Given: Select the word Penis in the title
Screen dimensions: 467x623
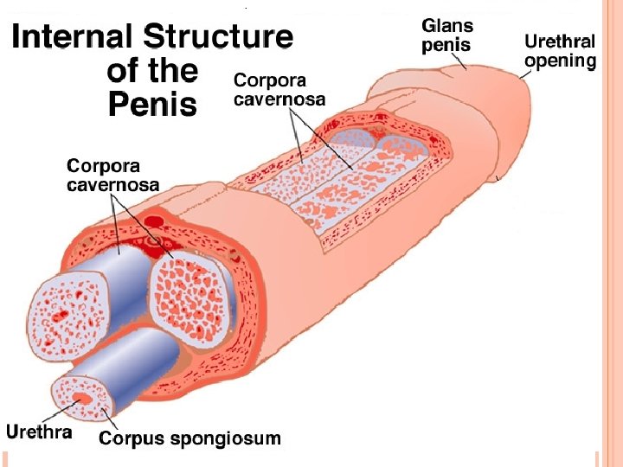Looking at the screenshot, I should click(153, 105).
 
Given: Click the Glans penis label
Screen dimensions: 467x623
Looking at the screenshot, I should click(446, 35).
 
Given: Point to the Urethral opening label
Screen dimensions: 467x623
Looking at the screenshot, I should click(560, 51).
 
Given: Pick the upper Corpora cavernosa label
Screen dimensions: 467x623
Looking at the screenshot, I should click(279, 90).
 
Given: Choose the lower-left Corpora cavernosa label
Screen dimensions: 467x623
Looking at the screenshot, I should click(112, 175).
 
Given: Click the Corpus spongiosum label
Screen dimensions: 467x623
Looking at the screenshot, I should click(189, 438).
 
